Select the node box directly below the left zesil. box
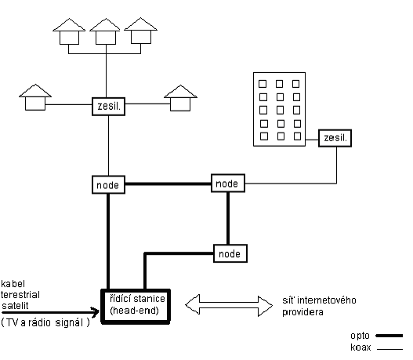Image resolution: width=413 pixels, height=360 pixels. coord(107,185)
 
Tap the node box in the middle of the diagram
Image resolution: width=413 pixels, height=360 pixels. coord(227,182)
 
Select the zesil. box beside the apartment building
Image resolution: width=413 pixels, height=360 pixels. coord(335,139)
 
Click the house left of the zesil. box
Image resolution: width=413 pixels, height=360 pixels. coord(34,97)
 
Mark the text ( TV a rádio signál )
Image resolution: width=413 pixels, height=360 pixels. coord(45,322)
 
